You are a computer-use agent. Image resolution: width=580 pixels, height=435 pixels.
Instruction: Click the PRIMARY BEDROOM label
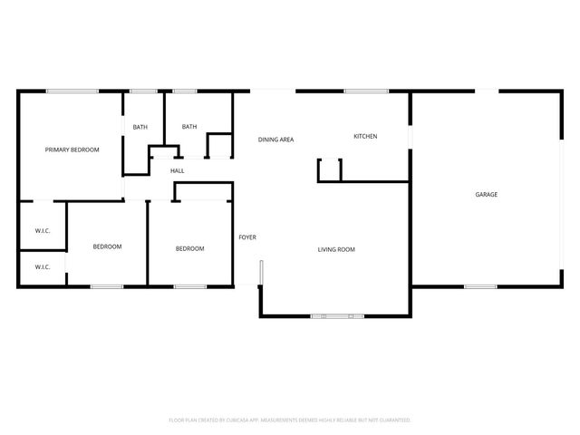coord(72,150)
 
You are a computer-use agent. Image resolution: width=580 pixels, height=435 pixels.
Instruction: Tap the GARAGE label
coord(487,194)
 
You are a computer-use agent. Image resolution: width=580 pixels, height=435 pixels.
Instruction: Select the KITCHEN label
coord(365,137)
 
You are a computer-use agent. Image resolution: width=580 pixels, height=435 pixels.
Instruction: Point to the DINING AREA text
coord(275,140)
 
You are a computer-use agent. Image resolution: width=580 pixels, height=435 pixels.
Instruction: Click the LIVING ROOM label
coord(335,249)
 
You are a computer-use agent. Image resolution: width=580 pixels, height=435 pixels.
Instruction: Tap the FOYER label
coord(247,237)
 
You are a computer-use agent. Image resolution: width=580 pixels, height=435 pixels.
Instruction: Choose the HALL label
coord(178,170)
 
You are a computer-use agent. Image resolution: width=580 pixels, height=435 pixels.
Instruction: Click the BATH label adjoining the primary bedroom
coord(140,127)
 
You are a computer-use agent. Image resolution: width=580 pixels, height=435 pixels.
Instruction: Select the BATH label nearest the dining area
coord(189,127)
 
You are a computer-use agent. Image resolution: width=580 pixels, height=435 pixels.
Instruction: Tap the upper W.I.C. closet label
coord(43,231)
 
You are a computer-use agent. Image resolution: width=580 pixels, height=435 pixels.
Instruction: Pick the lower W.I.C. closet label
coord(43,267)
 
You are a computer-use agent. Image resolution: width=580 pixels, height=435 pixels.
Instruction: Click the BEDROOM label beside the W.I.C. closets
coord(107,246)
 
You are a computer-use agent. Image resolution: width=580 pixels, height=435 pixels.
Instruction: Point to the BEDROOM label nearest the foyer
coord(189,248)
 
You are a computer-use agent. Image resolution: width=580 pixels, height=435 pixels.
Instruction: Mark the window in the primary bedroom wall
coord(72,91)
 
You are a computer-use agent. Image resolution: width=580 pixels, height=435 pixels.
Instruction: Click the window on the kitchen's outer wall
coord(366,91)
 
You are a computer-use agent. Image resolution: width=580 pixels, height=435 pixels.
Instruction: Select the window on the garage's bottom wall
coord(480,287)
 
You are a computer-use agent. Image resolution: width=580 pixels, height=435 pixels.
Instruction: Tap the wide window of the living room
coord(337,316)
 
